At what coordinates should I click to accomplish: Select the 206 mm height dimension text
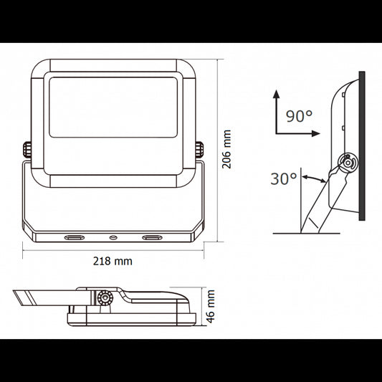226,148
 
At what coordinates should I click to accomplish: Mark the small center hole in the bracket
113,236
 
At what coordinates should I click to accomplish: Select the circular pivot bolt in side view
348,163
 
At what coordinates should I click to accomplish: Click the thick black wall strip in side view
363,148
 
